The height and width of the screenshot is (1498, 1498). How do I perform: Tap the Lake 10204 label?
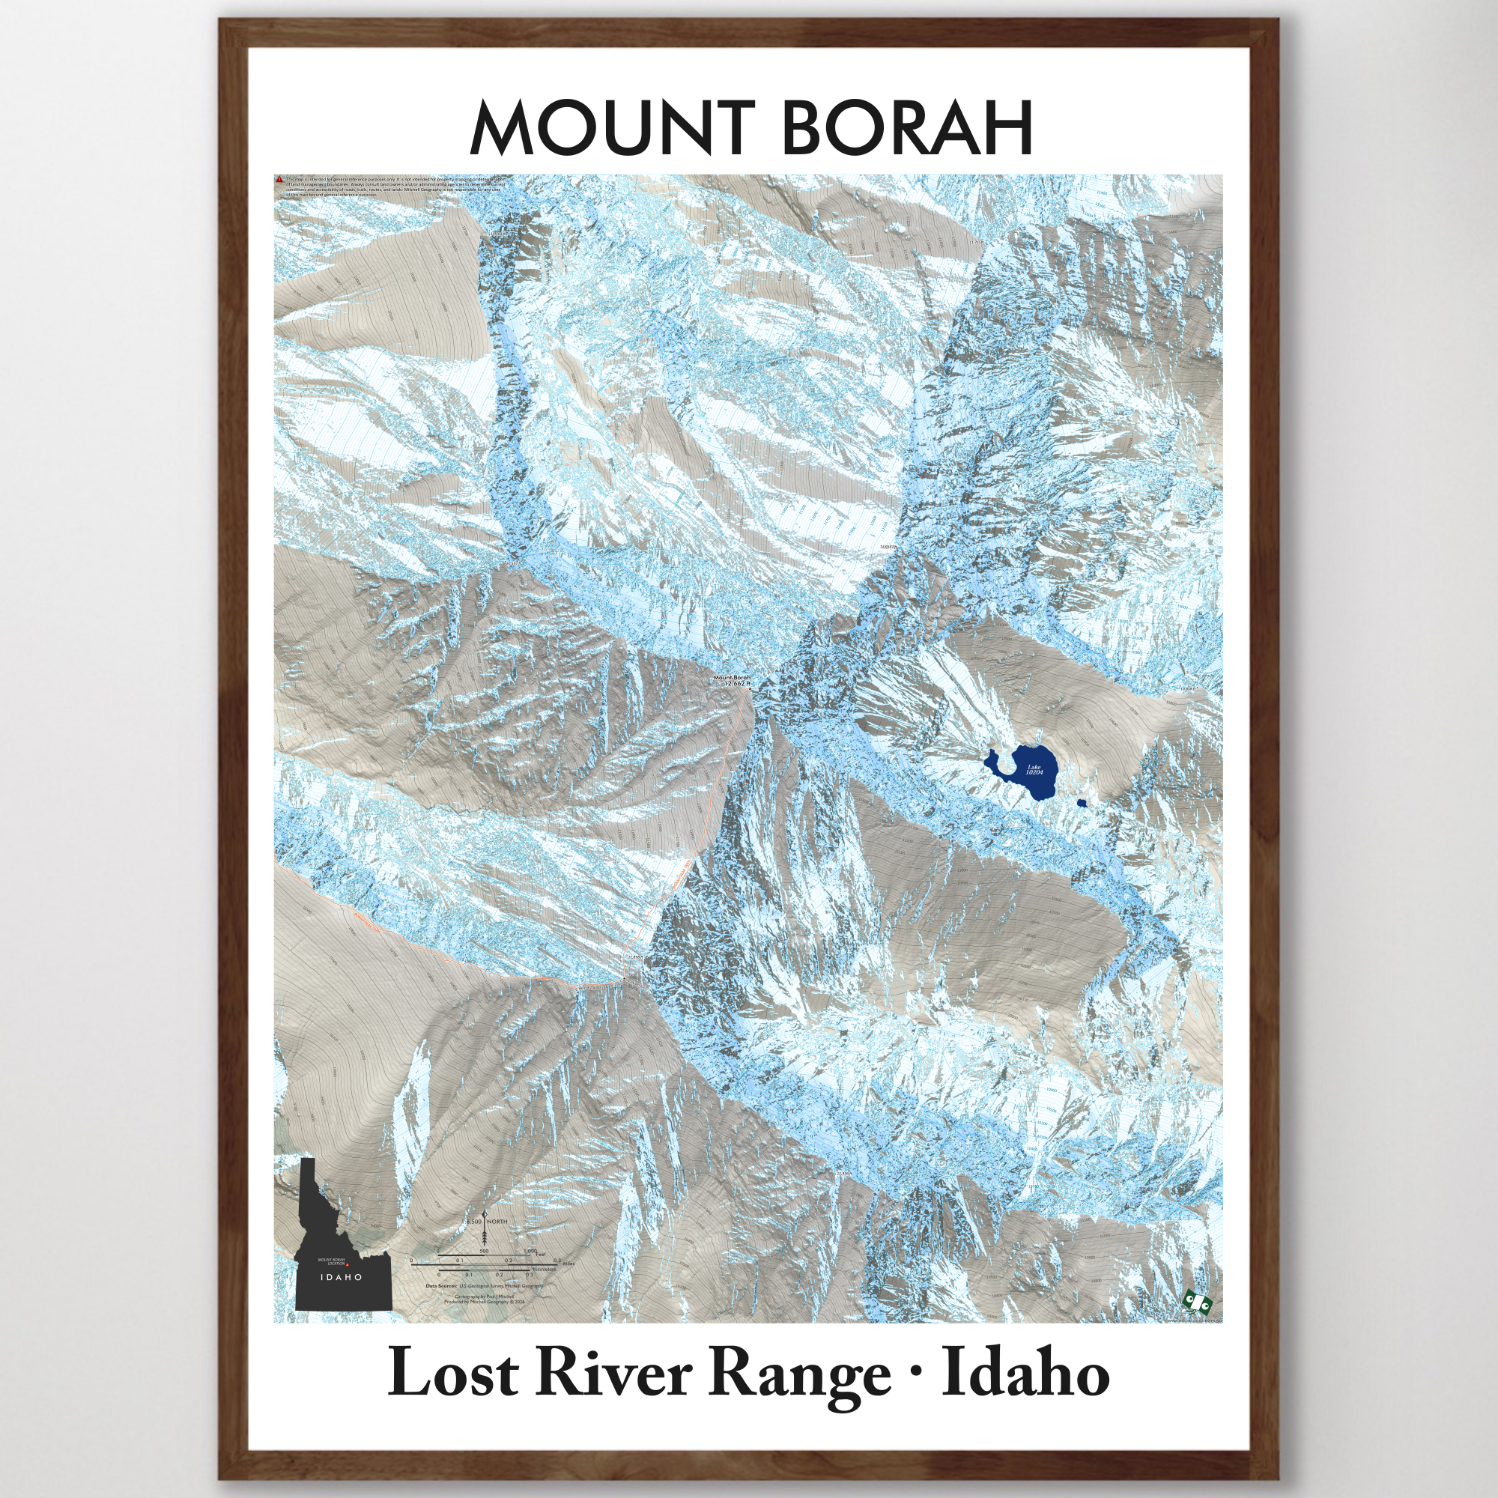coord(1034,770)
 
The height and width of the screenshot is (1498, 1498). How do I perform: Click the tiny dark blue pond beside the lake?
coord(1082,803)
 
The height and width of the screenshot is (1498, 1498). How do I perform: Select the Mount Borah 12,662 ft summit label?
coord(732,681)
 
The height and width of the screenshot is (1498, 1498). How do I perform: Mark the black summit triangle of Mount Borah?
coord(750,688)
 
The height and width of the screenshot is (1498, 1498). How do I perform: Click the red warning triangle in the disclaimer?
coord(279,179)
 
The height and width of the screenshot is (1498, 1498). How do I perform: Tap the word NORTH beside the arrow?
coord(497,1221)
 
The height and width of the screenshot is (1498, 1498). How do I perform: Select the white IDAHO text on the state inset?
coord(342,1277)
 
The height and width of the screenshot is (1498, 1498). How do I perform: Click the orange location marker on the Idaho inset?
coord(348,1264)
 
